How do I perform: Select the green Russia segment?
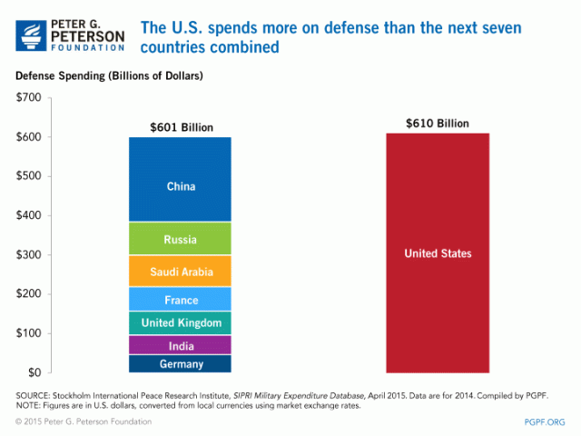(x=181, y=240)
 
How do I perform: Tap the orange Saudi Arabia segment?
(x=181, y=271)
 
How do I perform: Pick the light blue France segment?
(x=181, y=300)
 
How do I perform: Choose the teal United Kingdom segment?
(x=181, y=322)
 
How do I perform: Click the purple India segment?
(x=181, y=346)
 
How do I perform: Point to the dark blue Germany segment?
(x=181, y=364)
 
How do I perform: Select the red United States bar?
(x=438, y=253)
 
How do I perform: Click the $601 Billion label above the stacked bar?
(x=181, y=126)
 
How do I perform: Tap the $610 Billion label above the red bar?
(x=438, y=123)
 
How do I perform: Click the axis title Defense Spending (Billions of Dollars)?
(x=109, y=75)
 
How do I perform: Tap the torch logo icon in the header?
(x=34, y=34)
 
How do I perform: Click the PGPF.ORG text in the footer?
(x=544, y=421)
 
